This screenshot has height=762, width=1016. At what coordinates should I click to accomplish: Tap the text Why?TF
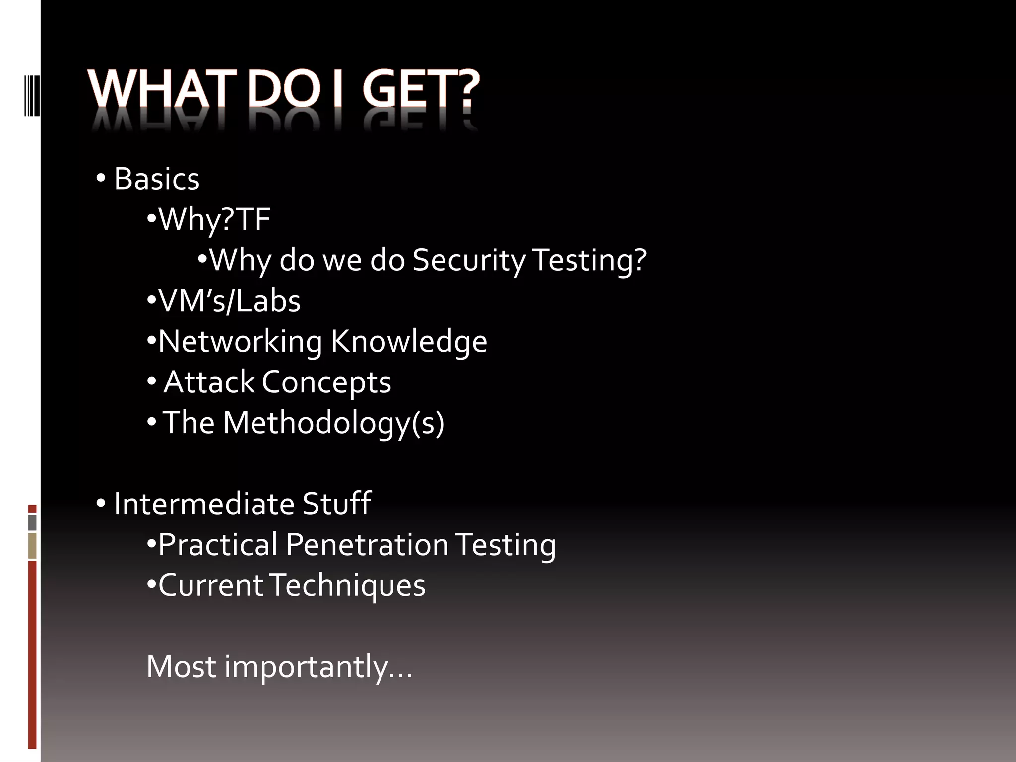coord(214,219)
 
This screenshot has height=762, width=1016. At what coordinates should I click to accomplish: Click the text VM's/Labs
coord(229,301)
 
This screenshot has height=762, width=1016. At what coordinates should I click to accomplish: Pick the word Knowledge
coord(409,341)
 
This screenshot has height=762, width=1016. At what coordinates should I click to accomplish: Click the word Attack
coord(208,382)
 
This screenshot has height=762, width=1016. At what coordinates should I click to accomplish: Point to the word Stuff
coord(337,504)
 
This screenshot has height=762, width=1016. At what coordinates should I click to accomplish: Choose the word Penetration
coord(367,545)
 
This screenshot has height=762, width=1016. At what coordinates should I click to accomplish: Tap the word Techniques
coord(348,585)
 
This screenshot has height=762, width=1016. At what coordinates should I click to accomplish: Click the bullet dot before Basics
coord(101,179)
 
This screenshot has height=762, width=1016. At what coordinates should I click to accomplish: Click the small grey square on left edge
coord(32,522)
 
